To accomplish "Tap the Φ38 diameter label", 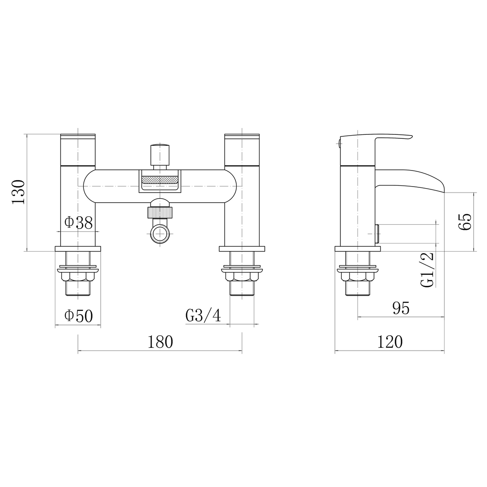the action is [x=79, y=223].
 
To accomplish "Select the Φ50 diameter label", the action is [x=79, y=316].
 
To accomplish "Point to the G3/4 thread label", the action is [x=203, y=315].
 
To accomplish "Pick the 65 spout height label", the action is [x=465, y=222].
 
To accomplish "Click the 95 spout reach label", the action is [x=401, y=308].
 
